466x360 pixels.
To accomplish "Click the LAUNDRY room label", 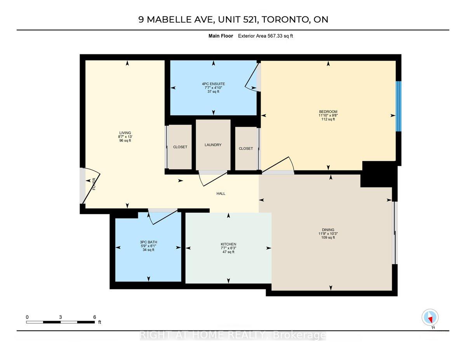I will pyautogui.click(x=213, y=145).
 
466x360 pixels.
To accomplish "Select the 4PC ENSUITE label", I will pyautogui.click(x=213, y=84).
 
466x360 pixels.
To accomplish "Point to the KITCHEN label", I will pyautogui.click(x=228, y=244).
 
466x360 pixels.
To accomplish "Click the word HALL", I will pyautogui.click(x=221, y=194).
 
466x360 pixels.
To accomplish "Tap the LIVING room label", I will pyautogui.click(x=125, y=133).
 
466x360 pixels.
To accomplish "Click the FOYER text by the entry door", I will pyautogui.click(x=94, y=184).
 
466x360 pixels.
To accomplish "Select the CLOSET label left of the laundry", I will pyautogui.click(x=180, y=147).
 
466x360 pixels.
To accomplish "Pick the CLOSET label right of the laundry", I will pyautogui.click(x=246, y=149).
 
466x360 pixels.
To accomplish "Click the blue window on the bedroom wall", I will pyautogui.click(x=398, y=106).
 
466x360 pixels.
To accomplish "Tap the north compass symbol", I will pyautogui.click(x=430, y=317).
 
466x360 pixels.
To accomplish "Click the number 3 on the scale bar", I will pyautogui.click(x=61, y=317).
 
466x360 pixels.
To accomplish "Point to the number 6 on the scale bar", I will pyautogui.click(x=94, y=317).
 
